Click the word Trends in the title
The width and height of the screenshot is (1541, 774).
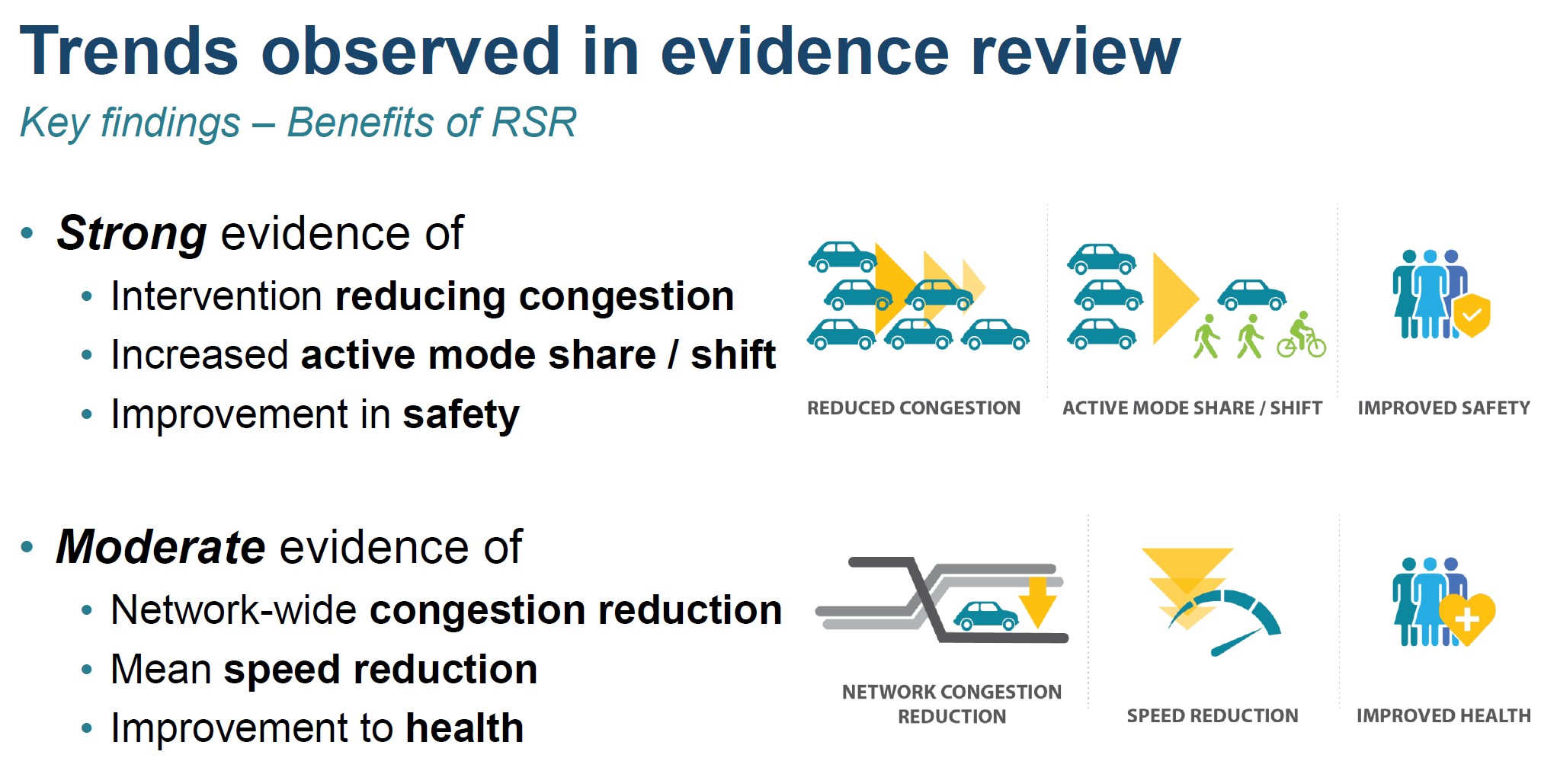click(129, 51)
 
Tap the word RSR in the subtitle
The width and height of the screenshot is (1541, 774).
click(534, 122)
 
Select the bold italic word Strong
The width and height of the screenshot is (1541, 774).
click(132, 234)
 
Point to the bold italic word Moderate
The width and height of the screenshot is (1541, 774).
click(161, 546)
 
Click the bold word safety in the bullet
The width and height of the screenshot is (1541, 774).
click(461, 416)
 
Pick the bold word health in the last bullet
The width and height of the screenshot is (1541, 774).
click(465, 728)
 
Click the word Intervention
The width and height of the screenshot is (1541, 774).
click(216, 296)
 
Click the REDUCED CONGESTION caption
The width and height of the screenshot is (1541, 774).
click(914, 408)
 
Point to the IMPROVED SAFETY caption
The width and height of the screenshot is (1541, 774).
click(1443, 408)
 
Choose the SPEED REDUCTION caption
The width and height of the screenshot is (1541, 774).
click(1213, 716)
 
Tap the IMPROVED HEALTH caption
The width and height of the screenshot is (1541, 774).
click(1443, 716)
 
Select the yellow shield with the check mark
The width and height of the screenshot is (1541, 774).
click(1472, 315)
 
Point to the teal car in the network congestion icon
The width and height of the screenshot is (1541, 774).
click(986, 616)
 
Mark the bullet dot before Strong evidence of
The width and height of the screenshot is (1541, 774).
click(27, 233)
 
